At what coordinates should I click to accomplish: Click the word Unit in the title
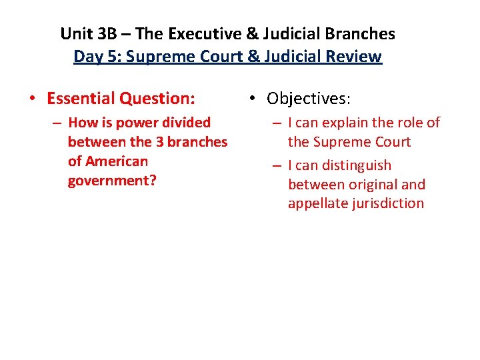tap(74, 33)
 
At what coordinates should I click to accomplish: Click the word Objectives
tap(307, 99)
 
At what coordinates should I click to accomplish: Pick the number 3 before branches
tap(162, 142)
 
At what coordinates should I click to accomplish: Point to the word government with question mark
tap(111, 181)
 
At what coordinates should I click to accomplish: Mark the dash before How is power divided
tap(59, 123)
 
